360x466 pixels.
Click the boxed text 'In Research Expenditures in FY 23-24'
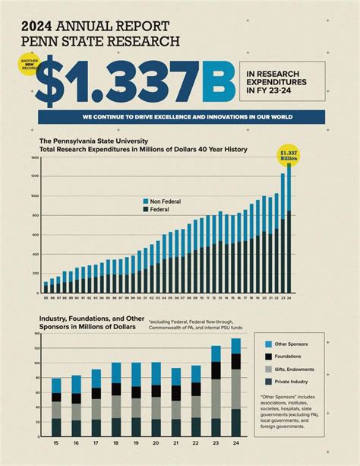point(281,81)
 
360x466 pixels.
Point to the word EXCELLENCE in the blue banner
point(170,117)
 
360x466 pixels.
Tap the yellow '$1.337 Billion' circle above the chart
point(289,155)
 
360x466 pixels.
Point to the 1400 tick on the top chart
point(34,158)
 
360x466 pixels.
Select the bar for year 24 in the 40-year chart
point(289,228)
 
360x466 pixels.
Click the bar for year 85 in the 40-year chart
point(46,287)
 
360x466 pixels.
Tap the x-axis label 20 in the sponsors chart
point(156,442)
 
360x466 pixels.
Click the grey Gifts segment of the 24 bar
point(235,388)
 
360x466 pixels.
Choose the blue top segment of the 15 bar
point(56,385)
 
